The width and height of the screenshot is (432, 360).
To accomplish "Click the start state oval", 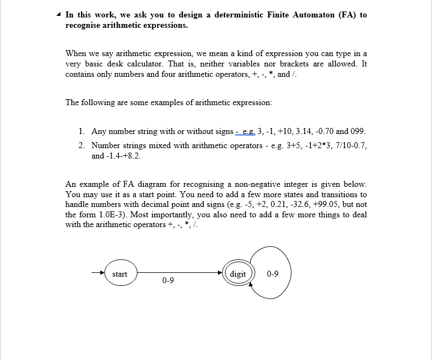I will point(120,274).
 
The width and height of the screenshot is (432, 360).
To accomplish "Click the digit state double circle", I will point(238,274).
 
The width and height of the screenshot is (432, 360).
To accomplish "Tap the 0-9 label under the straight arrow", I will point(168,281).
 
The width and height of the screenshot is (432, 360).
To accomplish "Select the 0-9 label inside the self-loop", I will point(273,274).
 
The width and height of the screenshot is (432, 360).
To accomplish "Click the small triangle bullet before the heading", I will point(59,15).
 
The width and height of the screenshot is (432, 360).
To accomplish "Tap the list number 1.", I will point(81,131).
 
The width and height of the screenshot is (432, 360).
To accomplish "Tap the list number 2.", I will point(81,145).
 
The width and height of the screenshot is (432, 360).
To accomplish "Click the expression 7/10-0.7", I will point(352,145).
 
